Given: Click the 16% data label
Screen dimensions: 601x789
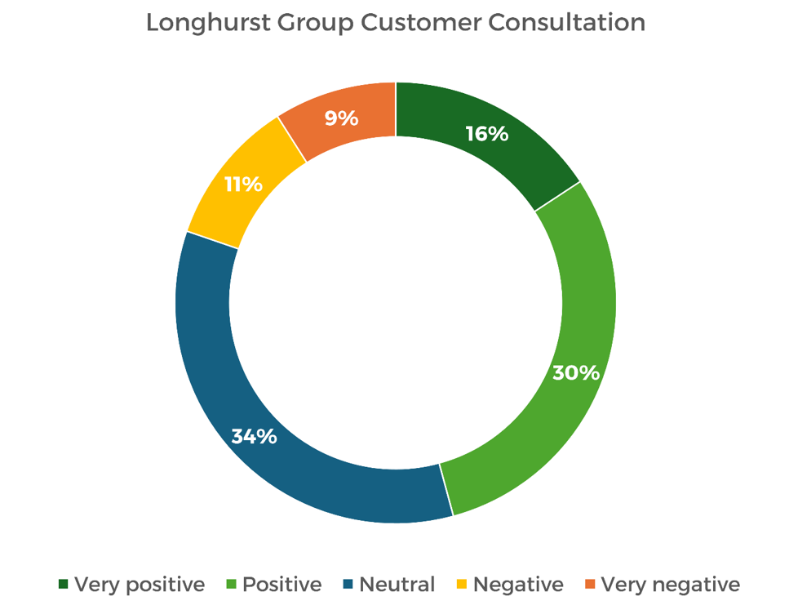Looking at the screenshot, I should coord(486,134).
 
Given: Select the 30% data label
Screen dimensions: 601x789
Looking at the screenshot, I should coord(576,373).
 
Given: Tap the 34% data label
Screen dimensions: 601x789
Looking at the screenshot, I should coord(254,436).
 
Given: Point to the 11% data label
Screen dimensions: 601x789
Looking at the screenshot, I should coord(243,184).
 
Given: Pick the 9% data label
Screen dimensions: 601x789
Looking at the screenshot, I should coord(341,118).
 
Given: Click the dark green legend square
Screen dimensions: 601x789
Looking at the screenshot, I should coord(64,585).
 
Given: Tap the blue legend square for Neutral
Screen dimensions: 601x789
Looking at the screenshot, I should coord(348,585).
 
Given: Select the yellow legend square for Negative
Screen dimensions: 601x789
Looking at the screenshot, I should coord(462,585).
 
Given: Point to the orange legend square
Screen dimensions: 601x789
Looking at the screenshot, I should coord(591,585).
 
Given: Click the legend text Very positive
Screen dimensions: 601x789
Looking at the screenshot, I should coord(140,585).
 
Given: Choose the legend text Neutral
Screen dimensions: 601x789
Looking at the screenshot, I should coord(397,585).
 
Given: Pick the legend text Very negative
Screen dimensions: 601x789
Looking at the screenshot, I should coord(671,585).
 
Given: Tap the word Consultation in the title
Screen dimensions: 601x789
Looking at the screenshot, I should coord(567,23).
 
